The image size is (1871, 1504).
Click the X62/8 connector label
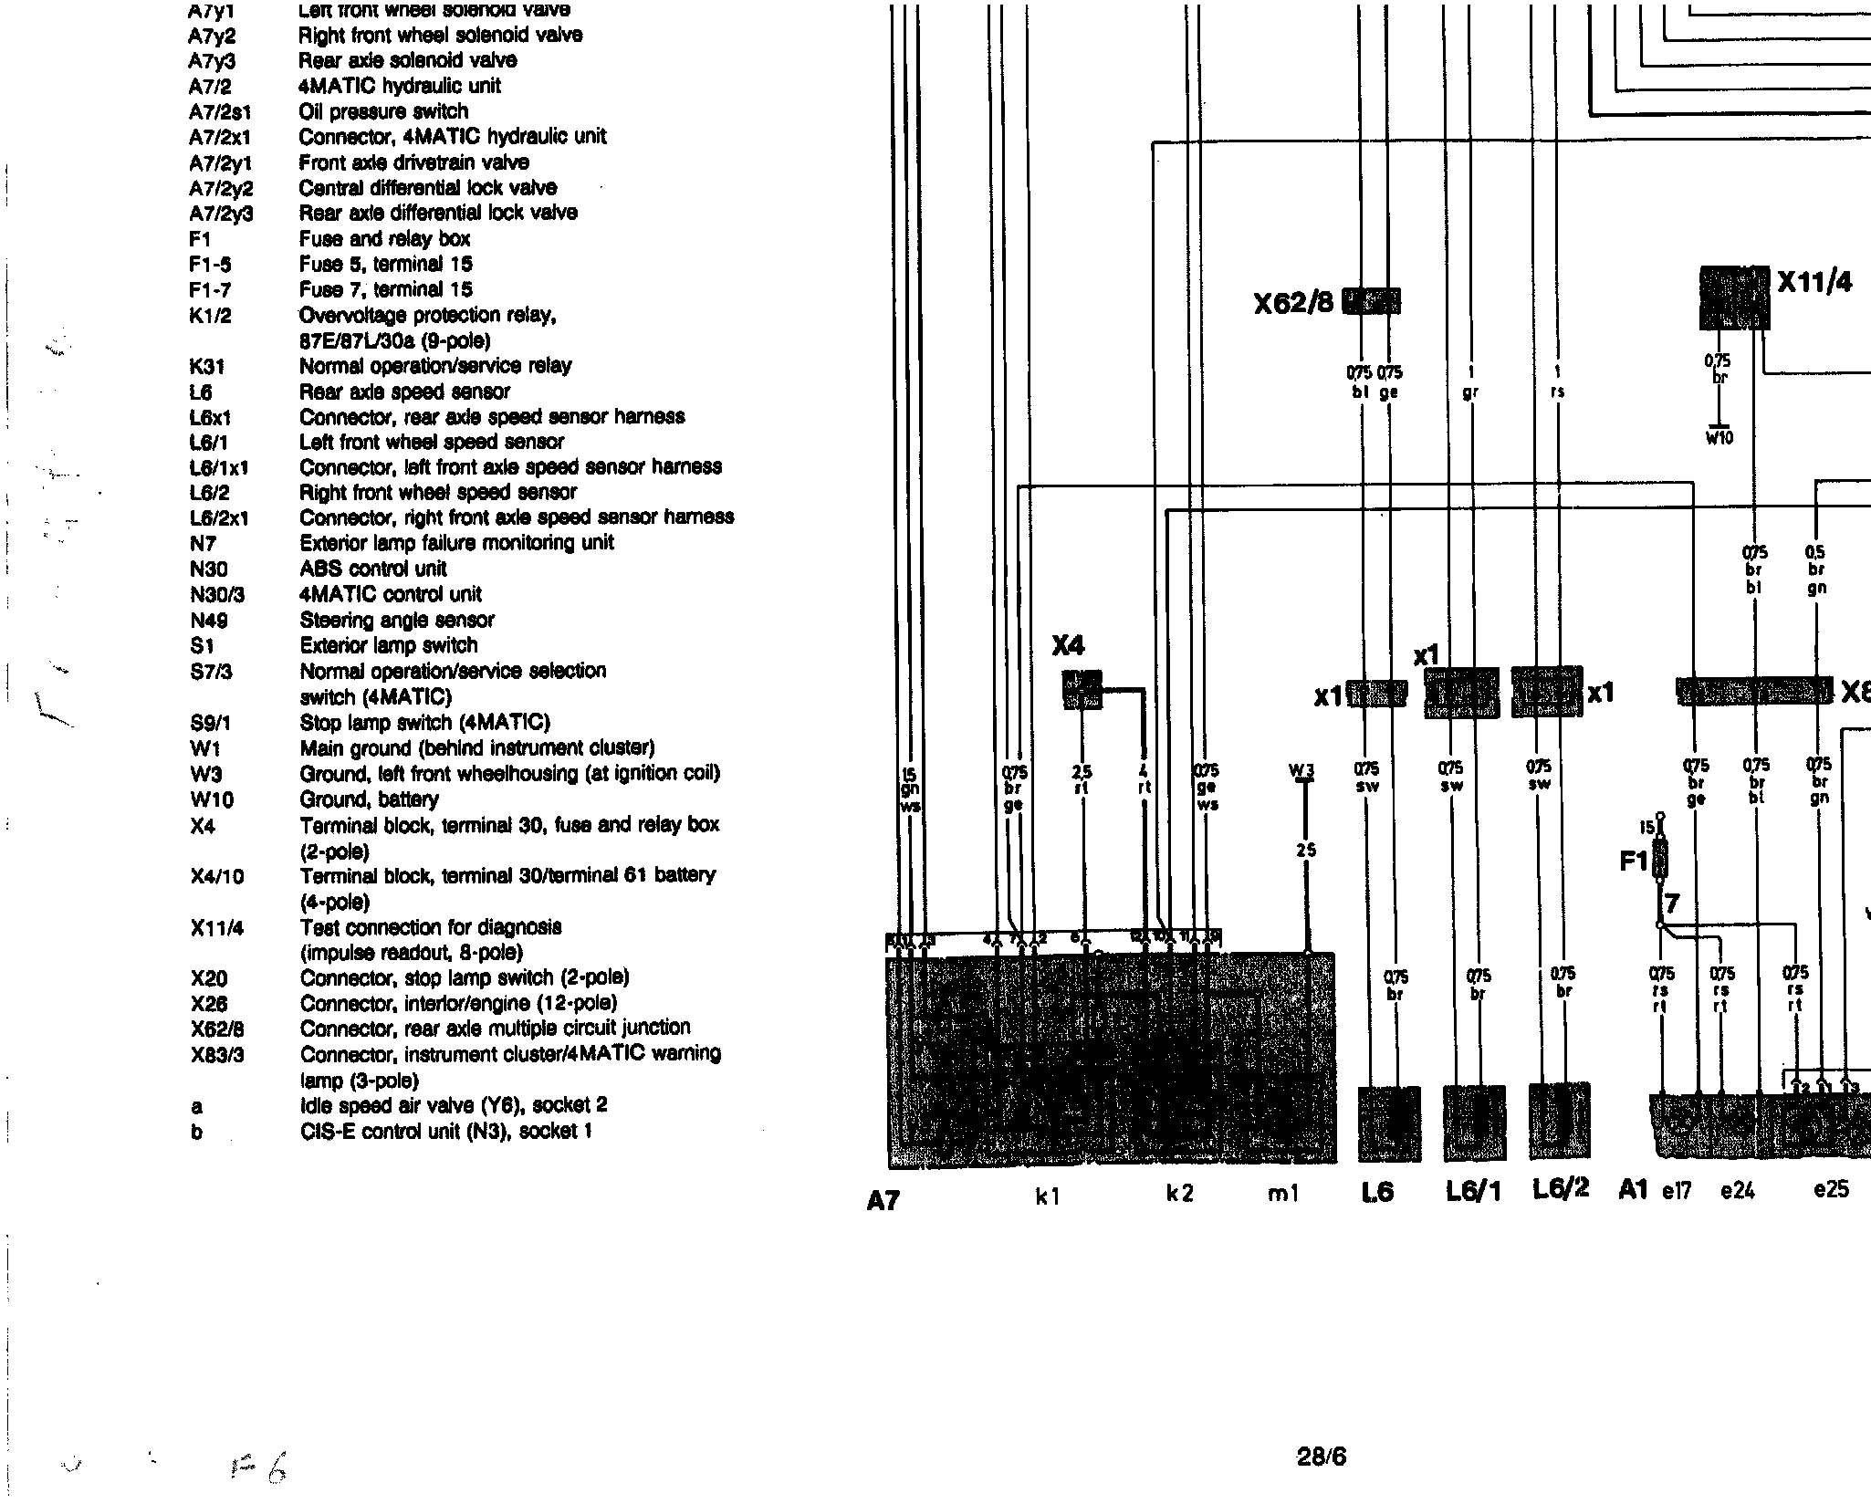coord(1293,302)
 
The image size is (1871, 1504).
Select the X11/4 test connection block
coord(1734,298)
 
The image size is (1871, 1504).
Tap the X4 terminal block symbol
coord(1082,689)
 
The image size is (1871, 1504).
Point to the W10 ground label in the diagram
coord(1719,438)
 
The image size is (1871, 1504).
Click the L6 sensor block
coord(1389,1123)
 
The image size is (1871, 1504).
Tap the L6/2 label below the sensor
coord(1561,1189)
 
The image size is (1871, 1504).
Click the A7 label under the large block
coord(883,1201)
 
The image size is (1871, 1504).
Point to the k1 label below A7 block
coord(1047,1196)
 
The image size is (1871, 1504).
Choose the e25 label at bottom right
coord(1831,1190)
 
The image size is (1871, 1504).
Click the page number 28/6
coord(1321,1457)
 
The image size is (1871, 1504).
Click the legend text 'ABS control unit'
coord(373,569)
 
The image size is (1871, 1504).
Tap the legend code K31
coord(207,367)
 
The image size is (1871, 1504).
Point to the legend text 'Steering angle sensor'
coord(397,621)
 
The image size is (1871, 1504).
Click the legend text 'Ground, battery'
coord(370,799)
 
